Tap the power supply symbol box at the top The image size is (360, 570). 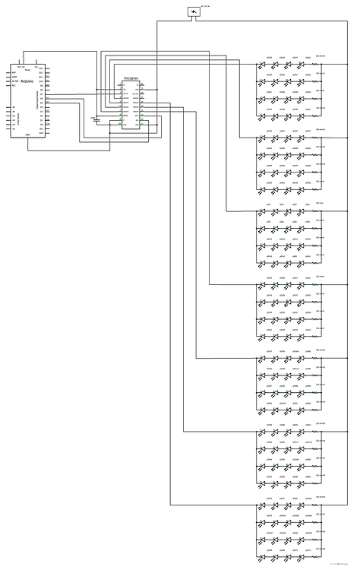pos(195,12)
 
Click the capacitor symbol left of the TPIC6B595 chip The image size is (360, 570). pos(96,119)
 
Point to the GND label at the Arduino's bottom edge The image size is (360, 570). pos(28,136)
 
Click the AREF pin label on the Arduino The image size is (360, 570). pos(14,74)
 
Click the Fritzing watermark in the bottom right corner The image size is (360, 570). pos(343,564)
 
